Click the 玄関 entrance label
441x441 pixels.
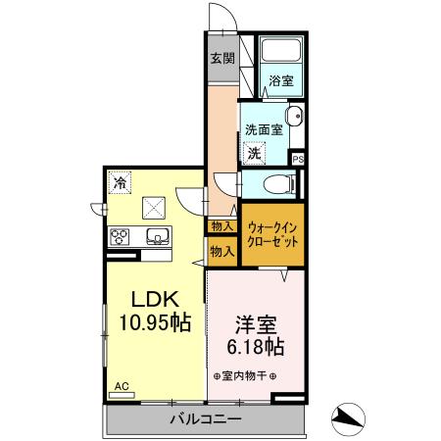click(x=221, y=58)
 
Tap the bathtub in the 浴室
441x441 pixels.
click(x=282, y=52)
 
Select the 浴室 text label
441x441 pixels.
click(x=282, y=81)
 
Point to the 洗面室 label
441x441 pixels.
click(x=264, y=127)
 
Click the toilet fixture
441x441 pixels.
click(x=279, y=183)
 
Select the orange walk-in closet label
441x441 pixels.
click(x=270, y=233)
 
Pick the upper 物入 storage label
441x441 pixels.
click(x=221, y=226)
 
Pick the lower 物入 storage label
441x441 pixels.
click(x=221, y=251)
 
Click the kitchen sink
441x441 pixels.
click(x=158, y=235)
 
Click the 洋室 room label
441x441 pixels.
click(x=255, y=324)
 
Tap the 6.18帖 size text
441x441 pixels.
click(x=255, y=347)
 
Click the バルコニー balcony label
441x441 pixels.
click(x=206, y=421)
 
